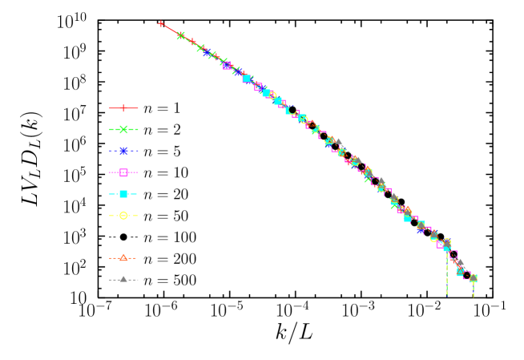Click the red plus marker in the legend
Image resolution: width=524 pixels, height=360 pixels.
point(123,107)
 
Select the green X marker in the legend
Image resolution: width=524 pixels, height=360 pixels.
point(123,129)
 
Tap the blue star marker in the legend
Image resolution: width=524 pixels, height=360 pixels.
point(123,151)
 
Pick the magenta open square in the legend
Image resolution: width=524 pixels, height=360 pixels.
point(123,172)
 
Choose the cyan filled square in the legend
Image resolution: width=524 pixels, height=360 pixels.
point(123,194)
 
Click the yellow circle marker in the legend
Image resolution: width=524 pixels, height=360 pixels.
point(123,216)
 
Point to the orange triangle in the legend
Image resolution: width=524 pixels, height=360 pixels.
point(123,258)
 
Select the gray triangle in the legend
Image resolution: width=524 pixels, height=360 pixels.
point(123,279)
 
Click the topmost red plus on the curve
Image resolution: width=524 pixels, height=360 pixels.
point(161,24)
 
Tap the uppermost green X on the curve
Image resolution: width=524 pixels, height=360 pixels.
point(181,35)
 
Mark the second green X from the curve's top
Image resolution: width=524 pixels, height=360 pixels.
point(200,48)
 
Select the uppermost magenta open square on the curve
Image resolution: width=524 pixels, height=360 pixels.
point(227,65)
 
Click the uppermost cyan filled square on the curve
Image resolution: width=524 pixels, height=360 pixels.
point(247,79)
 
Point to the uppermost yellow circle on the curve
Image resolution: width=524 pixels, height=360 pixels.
point(273,95)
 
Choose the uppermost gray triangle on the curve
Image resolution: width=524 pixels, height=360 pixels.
point(339,142)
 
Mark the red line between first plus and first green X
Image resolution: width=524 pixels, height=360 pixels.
point(171,30)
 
